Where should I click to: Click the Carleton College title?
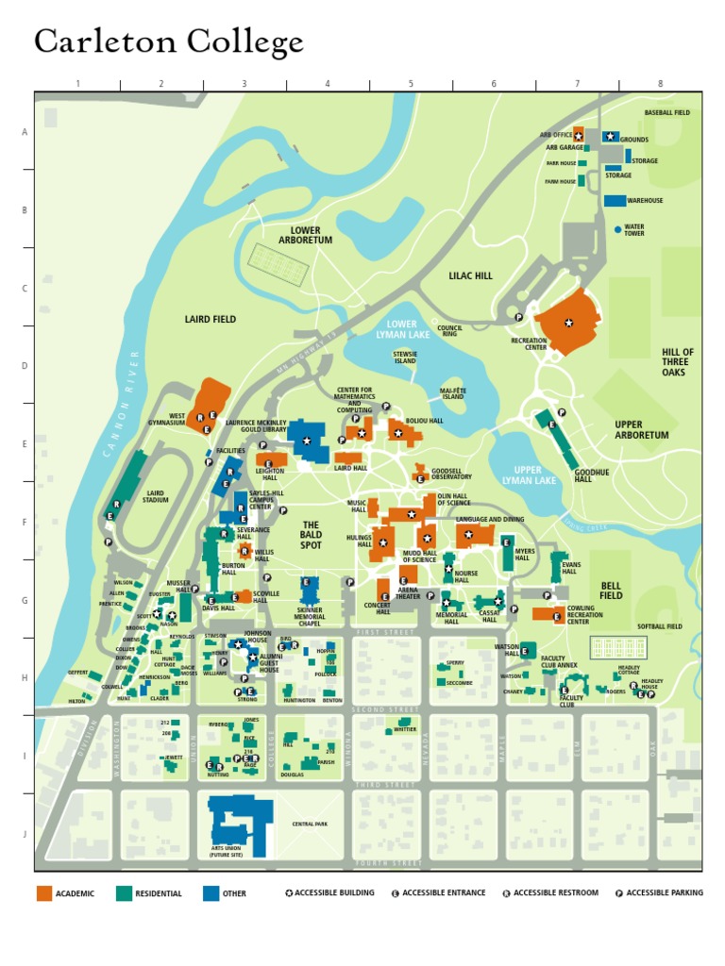169,42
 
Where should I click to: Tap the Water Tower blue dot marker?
617,229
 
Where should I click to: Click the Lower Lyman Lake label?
402,329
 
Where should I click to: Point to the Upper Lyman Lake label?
528,475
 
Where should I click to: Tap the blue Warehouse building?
615,201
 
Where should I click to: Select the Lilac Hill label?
470,276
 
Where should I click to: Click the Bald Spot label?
311,535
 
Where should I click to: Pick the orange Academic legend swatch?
45,893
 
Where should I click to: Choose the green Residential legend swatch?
124,893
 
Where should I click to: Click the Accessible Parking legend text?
664,892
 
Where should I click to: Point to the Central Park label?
310,824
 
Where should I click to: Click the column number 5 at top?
411,84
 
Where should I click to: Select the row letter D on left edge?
25,366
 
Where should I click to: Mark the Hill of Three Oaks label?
676,361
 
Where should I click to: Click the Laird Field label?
211,320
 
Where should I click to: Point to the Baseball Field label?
667,112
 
